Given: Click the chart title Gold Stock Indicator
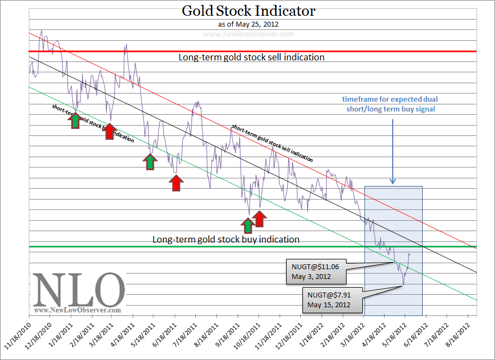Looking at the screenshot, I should [248, 10].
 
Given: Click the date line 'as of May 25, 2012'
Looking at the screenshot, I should [248, 24].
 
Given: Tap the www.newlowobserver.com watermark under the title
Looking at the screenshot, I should [248, 34].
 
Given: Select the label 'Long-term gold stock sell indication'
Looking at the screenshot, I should [251, 57].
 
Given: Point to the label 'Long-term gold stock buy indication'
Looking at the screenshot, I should [226, 239].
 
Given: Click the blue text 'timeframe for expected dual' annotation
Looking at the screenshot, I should [390, 100].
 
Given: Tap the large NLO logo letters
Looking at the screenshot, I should [79, 290].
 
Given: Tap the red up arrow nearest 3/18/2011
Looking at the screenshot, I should [109, 131].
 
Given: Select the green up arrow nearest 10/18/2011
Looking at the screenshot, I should [248, 226].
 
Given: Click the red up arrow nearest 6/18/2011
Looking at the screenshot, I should [175, 183].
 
